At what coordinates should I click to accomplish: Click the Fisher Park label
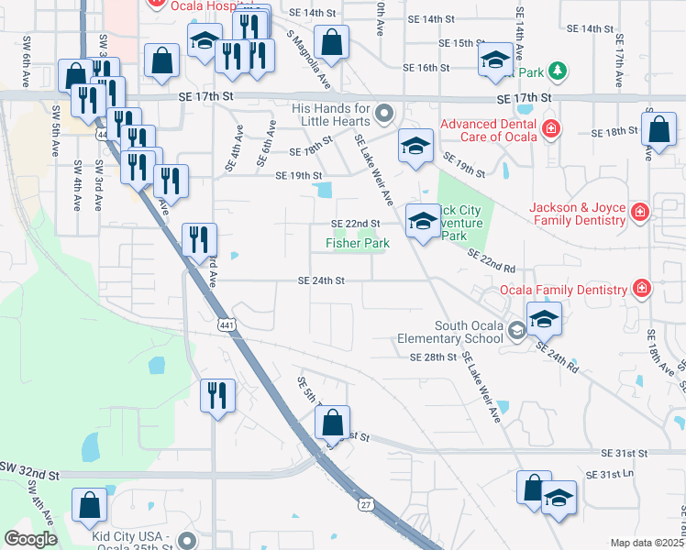358,243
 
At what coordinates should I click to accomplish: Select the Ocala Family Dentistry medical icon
642,290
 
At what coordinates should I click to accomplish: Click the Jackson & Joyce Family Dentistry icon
640,214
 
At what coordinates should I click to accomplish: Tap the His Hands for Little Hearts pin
383,114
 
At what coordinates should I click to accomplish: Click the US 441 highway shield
226,324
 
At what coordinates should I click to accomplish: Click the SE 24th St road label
320,280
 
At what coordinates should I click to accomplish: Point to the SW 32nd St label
29,476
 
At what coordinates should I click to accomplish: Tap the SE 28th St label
433,357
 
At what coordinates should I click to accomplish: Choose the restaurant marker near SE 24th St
199,241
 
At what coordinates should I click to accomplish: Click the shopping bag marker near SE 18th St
658,131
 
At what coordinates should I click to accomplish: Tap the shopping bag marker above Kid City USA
90,504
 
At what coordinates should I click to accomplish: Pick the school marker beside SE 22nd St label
423,222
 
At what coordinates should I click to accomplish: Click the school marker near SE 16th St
495,61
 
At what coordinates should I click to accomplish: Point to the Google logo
30,539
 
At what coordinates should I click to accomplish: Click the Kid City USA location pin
187,541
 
